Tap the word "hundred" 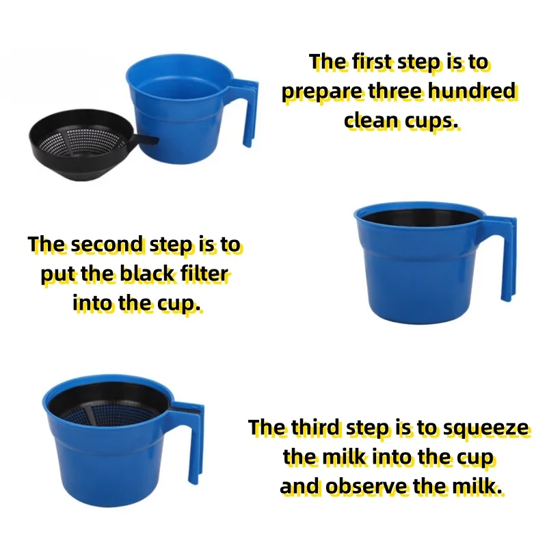[x=471, y=91]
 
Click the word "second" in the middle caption [x=107, y=244]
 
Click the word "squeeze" [x=485, y=429]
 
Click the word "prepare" [x=322, y=92]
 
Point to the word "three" [x=396, y=91]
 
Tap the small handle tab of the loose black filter [x=146, y=141]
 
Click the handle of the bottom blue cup [x=193, y=440]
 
